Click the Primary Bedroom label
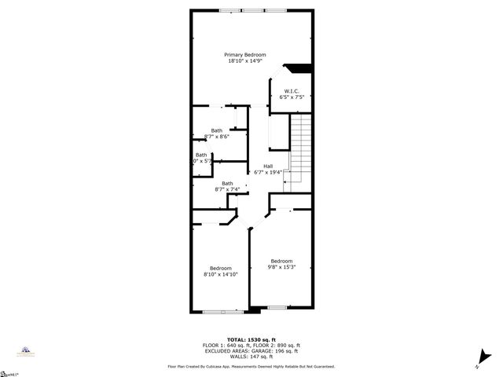pyautogui.click(x=244, y=54)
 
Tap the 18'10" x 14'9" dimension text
pyautogui.click(x=244, y=60)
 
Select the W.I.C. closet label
pyautogui.click(x=291, y=91)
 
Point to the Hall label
pyautogui.click(x=268, y=166)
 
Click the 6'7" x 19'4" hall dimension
pyautogui.click(x=268, y=172)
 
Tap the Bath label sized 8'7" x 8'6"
pyautogui.click(x=216, y=130)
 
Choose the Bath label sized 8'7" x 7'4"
pyautogui.click(x=227, y=183)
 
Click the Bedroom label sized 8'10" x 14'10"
pyautogui.click(x=220, y=269)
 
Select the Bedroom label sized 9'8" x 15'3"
pyautogui.click(x=281, y=261)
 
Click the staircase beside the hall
pyautogui.click(x=300, y=149)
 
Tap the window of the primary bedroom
pyautogui.click(x=253, y=10)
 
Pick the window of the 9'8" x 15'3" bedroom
pyautogui.click(x=277, y=307)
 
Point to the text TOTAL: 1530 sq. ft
pyautogui.click(x=251, y=340)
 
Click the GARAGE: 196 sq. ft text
pyautogui.click(x=275, y=350)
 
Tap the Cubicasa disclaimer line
pyautogui.click(x=251, y=366)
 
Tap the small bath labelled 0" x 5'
pyautogui.click(x=201, y=160)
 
